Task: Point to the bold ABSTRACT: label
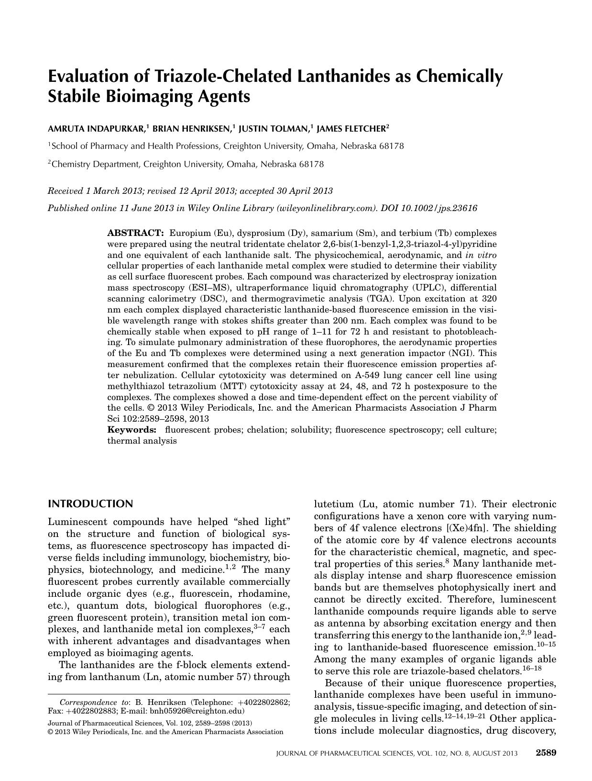(135, 234)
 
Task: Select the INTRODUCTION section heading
(90, 504)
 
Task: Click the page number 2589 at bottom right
(546, 753)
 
